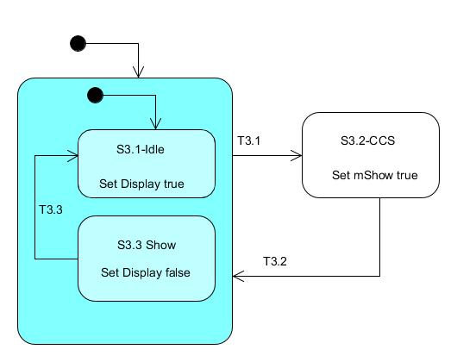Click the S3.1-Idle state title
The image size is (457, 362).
coord(141,149)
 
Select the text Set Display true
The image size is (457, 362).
coord(141,184)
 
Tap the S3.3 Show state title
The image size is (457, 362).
coord(147,245)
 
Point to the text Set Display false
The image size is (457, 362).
coord(146,272)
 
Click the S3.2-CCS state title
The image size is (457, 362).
coord(368,140)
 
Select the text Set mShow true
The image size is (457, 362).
coord(375,175)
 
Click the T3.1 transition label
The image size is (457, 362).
coord(249,140)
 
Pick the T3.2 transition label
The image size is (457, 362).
coord(275,261)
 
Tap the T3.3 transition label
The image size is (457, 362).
coord(51,209)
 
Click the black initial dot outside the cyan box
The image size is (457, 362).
coord(78,44)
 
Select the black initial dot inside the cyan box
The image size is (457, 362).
coord(96,95)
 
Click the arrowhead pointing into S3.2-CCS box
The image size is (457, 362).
coord(297,156)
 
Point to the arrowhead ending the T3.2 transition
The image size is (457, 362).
coord(238,276)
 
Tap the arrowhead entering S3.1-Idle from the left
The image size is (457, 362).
coord(73,156)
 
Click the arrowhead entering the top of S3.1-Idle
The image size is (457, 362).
coord(155,124)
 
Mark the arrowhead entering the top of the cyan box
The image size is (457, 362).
coord(139,72)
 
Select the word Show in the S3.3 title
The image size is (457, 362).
coord(161,245)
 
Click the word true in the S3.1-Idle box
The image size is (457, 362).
coord(174,184)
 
